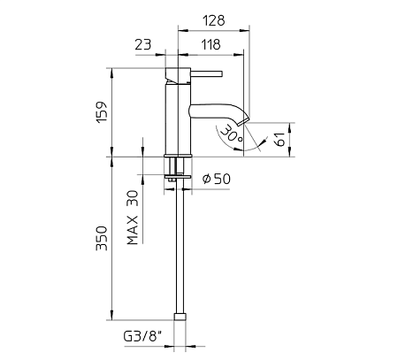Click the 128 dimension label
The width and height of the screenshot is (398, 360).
tap(214, 20)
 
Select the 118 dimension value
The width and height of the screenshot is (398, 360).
tap(211, 44)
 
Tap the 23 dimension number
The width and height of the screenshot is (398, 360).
tap(143, 44)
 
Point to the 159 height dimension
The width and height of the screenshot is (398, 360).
tap(102, 112)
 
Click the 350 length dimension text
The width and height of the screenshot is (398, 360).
tap(102, 238)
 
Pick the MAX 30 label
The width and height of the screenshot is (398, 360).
tap(133, 218)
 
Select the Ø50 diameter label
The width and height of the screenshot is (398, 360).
tap(217, 179)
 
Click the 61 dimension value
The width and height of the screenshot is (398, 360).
tap(280, 139)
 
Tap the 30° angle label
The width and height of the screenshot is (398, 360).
tap(232, 134)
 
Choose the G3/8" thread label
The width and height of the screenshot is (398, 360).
tap(143, 336)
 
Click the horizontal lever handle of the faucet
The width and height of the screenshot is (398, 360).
tap(206, 74)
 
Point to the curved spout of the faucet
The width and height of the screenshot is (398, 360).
tap(218, 112)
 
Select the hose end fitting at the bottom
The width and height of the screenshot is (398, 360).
tap(180, 317)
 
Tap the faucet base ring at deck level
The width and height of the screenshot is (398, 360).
tap(178, 156)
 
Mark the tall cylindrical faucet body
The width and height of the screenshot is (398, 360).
tap(178, 119)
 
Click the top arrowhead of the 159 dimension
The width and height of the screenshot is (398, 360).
tap(111, 73)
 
